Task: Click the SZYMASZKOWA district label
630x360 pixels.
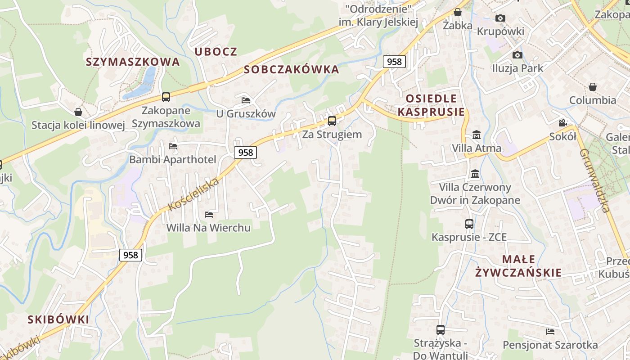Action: (133, 62)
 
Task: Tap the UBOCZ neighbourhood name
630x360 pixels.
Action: (216, 51)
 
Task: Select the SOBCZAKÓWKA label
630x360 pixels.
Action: (291, 69)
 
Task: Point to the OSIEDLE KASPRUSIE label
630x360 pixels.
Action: (431, 105)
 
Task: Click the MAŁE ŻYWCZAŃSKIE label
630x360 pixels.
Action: (518, 265)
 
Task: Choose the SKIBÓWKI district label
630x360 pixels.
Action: (58, 319)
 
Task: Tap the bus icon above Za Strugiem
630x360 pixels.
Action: (332, 121)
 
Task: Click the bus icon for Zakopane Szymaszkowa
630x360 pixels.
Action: (166, 97)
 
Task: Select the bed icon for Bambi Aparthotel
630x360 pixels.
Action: (172, 146)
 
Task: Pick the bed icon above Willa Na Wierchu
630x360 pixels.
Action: (208, 214)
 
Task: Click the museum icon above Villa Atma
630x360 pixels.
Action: (477, 135)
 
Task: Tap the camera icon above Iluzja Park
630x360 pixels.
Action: (517, 55)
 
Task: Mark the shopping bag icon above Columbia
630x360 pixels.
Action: (593, 86)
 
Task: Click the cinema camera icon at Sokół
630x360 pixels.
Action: (562, 123)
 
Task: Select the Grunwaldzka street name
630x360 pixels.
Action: (594, 180)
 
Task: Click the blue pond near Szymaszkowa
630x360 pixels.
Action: (143, 83)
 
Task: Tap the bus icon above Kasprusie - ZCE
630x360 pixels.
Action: (469, 224)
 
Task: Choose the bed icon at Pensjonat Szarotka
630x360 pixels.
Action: (550, 332)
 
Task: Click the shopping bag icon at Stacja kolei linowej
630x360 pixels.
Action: (78, 112)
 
